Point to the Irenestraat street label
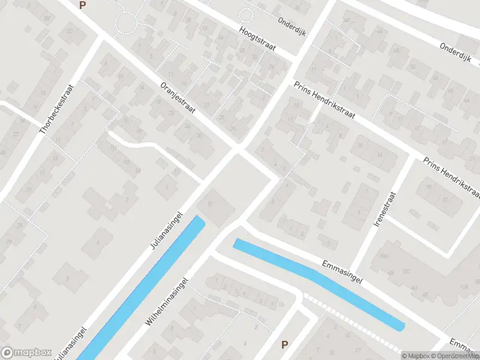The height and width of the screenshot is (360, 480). click(385, 209)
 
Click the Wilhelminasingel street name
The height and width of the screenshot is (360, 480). click(167, 301)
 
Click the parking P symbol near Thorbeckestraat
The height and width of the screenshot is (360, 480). click(82, 5)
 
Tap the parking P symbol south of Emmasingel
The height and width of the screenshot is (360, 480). click(285, 344)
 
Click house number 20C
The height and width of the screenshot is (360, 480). click(70, 31)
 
